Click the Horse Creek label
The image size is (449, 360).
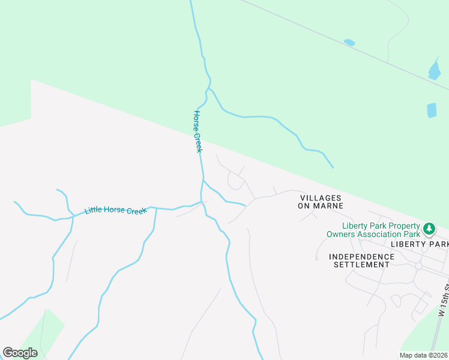click(x=197, y=131)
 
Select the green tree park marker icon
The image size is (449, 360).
click(x=429, y=229)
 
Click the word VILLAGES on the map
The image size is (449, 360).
click(x=321, y=197)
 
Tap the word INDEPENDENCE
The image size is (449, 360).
click(x=361, y=256)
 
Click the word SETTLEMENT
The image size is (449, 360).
click(x=361, y=264)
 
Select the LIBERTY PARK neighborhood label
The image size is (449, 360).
click(x=420, y=244)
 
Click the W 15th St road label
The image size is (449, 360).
click(x=443, y=300)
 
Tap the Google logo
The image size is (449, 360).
click(x=20, y=353)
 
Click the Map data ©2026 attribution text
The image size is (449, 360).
click(x=423, y=355)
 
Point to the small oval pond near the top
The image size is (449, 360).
click(x=349, y=43)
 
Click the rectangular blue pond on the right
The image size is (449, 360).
click(x=432, y=110)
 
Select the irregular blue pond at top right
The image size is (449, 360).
click(x=435, y=70)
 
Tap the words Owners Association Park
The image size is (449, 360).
click(x=373, y=234)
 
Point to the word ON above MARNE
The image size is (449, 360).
click(x=305, y=205)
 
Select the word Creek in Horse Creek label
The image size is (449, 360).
click(x=197, y=142)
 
